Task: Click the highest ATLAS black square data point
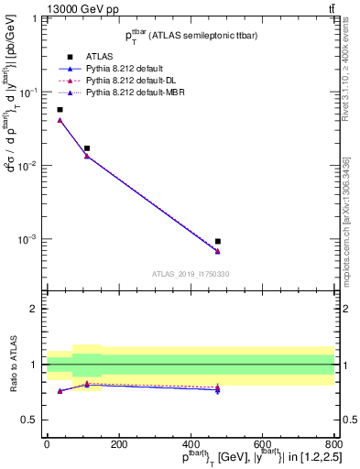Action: point(60,110)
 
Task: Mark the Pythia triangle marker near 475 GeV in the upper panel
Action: point(218,251)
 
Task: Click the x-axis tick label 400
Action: point(191,446)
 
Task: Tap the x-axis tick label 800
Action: point(334,446)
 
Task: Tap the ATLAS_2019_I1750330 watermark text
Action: point(191,274)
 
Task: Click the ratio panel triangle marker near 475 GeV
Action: point(218,389)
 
